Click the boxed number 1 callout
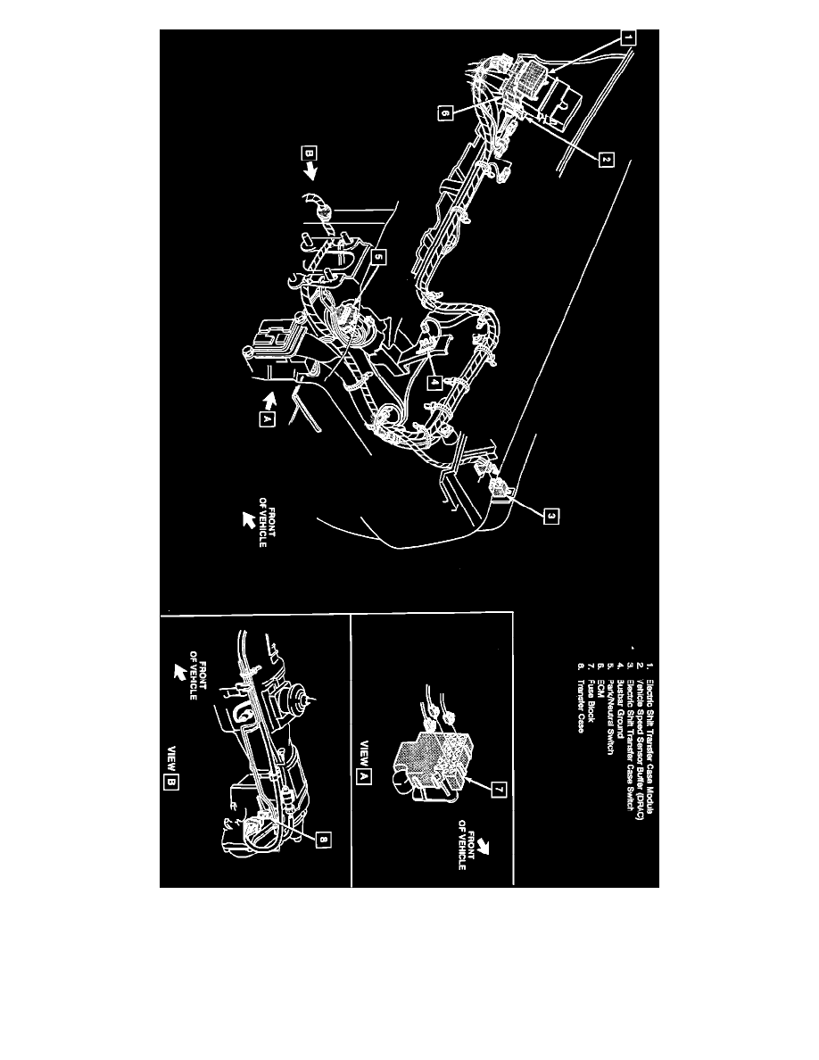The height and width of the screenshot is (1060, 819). [627, 38]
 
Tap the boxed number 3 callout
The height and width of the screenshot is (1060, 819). [551, 515]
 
